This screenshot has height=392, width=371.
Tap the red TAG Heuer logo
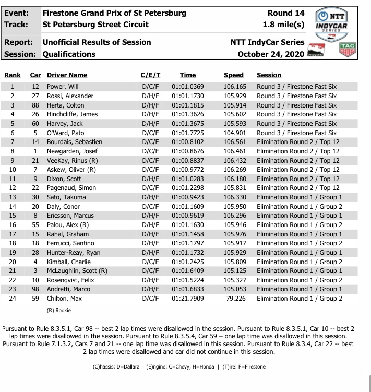[x=348, y=50]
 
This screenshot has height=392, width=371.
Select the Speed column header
[x=233, y=75]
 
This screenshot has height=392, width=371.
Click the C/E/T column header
[x=151, y=75]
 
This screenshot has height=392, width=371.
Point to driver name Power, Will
[x=63, y=87]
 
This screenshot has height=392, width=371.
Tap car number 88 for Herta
[x=35, y=105]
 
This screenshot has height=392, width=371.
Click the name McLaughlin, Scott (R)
[x=77, y=270]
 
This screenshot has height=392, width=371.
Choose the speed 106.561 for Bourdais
[x=234, y=141]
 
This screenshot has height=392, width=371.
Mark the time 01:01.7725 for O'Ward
[x=188, y=133]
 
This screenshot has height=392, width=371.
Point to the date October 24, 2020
[x=270, y=54]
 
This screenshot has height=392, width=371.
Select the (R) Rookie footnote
[x=59, y=310]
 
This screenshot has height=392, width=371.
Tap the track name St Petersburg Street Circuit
[x=95, y=25]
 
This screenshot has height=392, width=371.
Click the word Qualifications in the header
[x=69, y=54]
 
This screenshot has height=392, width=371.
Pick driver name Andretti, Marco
[x=67, y=289]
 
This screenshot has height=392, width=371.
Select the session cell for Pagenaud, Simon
[x=298, y=187]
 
